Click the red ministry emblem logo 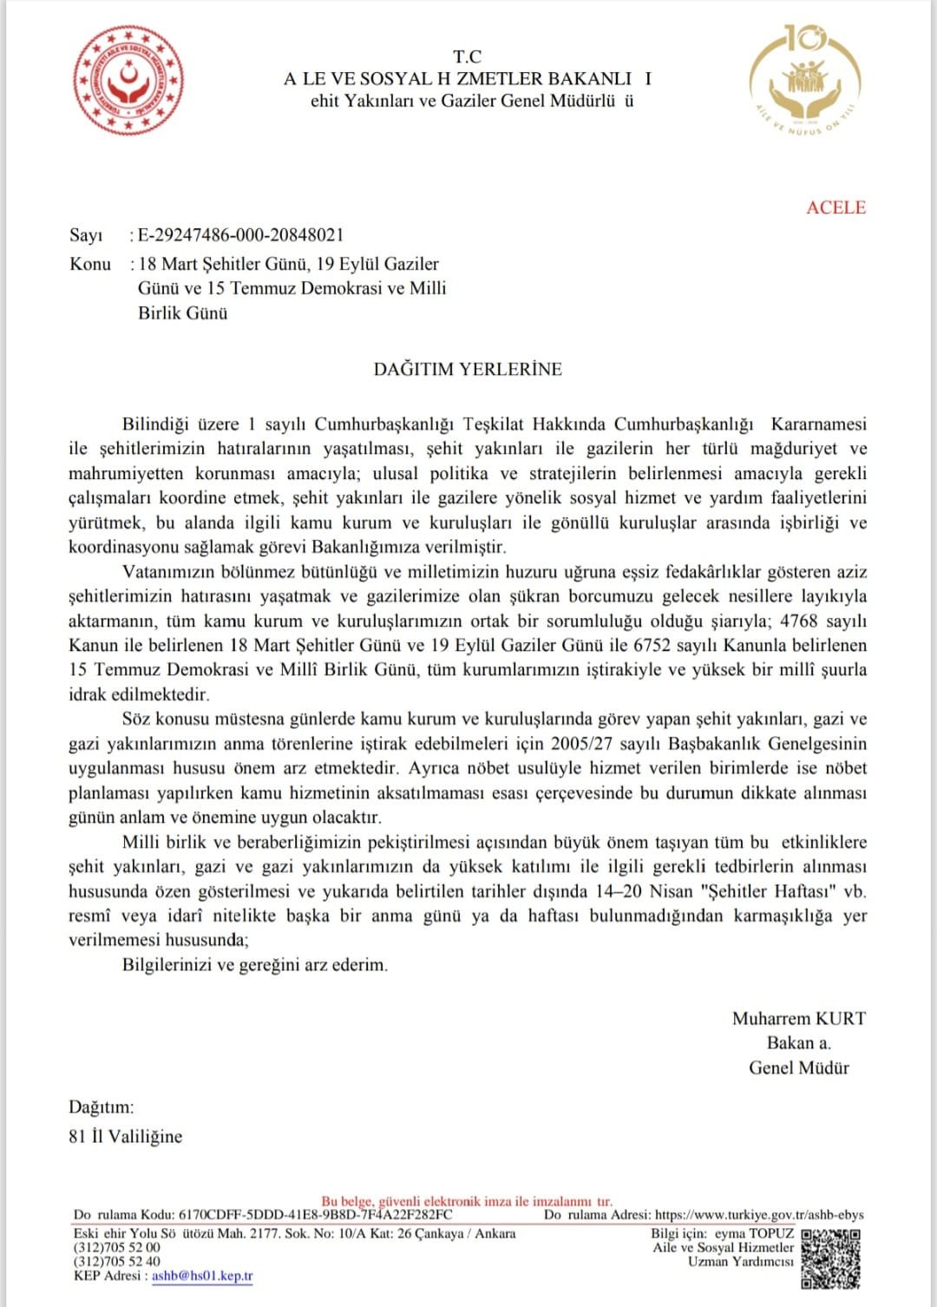(x=129, y=80)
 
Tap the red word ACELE (x=835, y=207)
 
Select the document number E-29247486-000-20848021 (x=240, y=235)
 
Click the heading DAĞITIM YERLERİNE (x=468, y=369)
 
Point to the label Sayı (x=86, y=235)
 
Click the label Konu (x=90, y=264)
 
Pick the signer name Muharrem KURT (x=798, y=1019)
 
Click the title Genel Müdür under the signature (x=798, y=1068)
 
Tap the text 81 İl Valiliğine (x=126, y=1136)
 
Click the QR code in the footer (x=830, y=1258)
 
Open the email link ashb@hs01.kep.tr (x=202, y=1276)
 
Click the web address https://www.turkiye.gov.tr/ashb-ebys (x=759, y=1215)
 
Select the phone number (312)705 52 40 (x=117, y=1261)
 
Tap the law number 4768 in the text (x=799, y=621)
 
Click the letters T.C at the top (x=467, y=57)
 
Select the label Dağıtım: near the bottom (x=102, y=1107)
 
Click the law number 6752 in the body (x=652, y=646)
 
